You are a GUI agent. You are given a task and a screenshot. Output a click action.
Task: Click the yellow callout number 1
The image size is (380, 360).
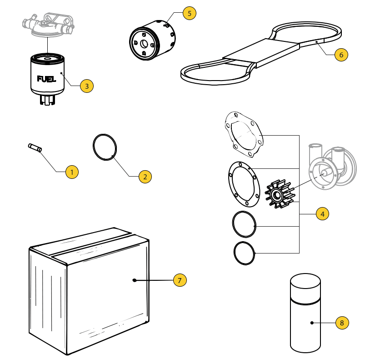pyautogui.click(x=72, y=172)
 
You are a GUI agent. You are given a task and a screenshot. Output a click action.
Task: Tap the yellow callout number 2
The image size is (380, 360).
pyautogui.click(x=145, y=177)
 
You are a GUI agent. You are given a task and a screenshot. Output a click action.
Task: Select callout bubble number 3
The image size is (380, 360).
pyautogui.click(x=86, y=85)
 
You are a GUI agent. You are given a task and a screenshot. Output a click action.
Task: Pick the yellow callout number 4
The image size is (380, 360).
pyautogui.click(x=322, y=213)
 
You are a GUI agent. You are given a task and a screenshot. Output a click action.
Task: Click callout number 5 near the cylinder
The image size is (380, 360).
pyautogui.click(x=190, y=13)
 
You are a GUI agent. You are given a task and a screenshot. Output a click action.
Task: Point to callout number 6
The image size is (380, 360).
pyautogui.click(x=341, y=55)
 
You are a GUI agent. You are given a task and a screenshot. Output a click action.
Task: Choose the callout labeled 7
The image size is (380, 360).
pyautogui.click(x=180, y=280)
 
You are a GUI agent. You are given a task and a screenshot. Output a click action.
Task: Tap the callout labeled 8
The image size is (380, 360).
pyautogui.click(x=342, y=323)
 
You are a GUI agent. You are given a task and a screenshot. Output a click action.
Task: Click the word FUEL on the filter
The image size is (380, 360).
pyautogui.click(x=47, y=79)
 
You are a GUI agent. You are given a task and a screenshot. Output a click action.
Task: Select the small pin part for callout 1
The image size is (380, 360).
pyautogui.click(x=34, y=147)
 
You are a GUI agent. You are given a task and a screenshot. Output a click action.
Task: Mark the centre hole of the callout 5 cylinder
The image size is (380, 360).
pyautogui.click(x=144, y=44)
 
